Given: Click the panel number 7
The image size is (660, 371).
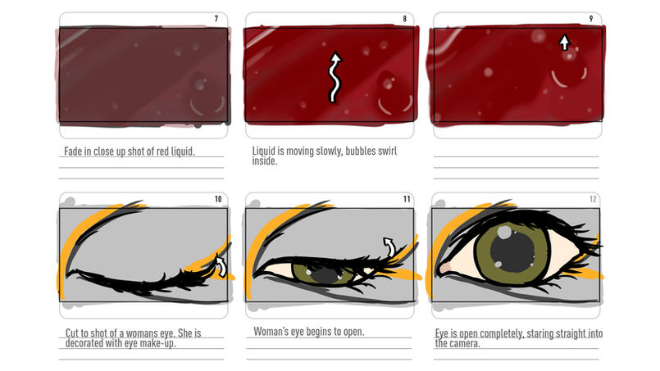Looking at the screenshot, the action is (x=216, y=19).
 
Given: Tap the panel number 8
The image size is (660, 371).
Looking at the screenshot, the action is (x=404, y=19).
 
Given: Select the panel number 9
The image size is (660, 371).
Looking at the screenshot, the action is (x=591, y=19).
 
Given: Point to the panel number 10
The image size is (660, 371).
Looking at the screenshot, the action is (x=218, y=199).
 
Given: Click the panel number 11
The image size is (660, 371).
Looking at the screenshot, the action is (x=407, y=199).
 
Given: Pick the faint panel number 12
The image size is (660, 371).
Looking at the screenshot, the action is (x=593, y=199).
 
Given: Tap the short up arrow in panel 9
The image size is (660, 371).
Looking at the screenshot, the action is (x=564, y=42).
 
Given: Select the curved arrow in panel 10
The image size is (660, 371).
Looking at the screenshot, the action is (x=222, y=267).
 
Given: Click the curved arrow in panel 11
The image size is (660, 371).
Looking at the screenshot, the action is (x=390, y=246).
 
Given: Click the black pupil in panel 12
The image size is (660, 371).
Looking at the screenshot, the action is (x=512, y=251).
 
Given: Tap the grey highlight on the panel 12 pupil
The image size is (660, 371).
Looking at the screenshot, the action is (x=504, y=232).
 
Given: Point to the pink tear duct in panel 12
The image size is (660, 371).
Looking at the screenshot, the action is (x=445, y=268).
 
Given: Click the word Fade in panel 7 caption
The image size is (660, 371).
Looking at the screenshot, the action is (x=73, y=151).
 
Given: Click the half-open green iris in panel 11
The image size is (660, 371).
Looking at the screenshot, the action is (x=324, y=274).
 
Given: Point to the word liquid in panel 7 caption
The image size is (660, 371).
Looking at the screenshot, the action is (x=183, y=151).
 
